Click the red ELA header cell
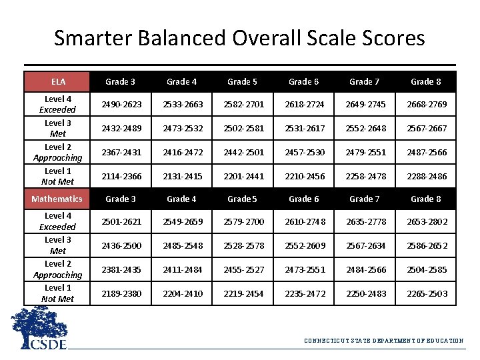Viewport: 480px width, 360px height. point(57,82)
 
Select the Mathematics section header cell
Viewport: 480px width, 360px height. point(57,199)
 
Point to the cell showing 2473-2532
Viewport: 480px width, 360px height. point(181,128)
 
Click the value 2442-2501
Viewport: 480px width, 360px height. point(242,152)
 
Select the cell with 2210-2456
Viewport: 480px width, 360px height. point(303,177)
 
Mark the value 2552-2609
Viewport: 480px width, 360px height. point(303,245)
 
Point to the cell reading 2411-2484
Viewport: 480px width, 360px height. point(181,269)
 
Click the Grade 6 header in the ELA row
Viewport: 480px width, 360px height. point(303,82)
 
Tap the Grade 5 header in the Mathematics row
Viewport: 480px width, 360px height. point(242,199)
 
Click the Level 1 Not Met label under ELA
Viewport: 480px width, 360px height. point(57,177)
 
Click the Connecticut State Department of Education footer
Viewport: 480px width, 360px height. point(383,341)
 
